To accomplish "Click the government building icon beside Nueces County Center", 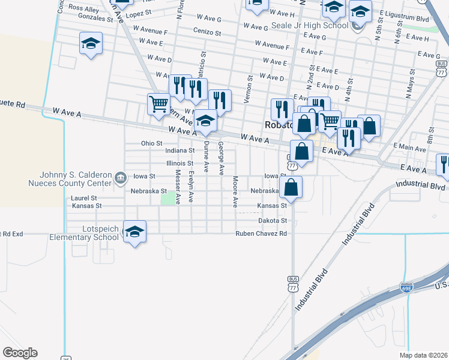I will pos(121,178).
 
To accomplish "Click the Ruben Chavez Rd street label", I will pos(261,233).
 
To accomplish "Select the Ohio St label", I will pos(151,143).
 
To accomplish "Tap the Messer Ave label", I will pos(178,185).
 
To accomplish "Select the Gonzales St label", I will pos(91,19).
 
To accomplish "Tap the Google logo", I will pos(20,353).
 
